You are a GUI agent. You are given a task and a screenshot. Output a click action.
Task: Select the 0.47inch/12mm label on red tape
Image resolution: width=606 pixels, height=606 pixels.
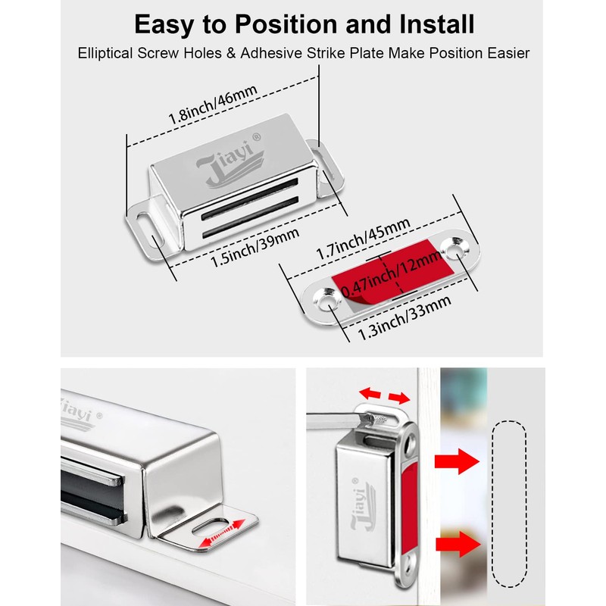(x=391, y=277)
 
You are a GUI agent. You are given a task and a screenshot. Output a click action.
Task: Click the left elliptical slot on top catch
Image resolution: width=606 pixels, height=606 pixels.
(x=142, y=220)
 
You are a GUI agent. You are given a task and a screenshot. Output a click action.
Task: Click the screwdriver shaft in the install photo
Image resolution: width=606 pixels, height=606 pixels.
(x=333, y=413)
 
